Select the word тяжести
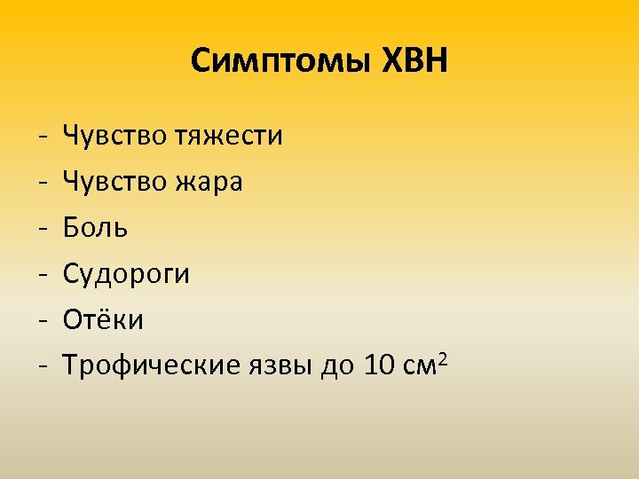point(228,137)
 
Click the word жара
point(209,182)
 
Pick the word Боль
point(96,228)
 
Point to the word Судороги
point(127,274)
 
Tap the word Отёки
point(103,319)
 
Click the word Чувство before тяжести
point(114,137)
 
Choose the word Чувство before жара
point(114,182)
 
